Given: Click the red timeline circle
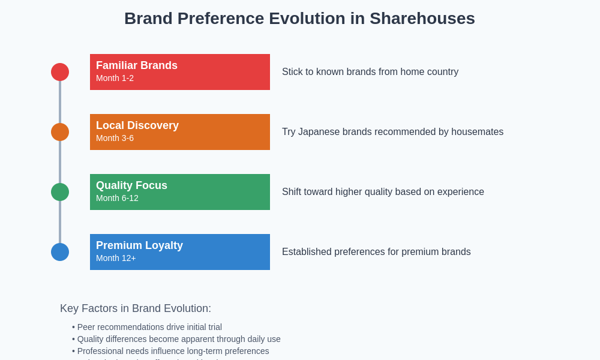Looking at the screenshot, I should pyautogui.click(x=60, y=72).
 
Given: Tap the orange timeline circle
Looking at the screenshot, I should pyautogui.click(x=60, y=132).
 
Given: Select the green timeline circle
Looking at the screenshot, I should pyautogui.click(x=60, y=192).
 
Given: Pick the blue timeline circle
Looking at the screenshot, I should pyautogui.click(x=60, y=252).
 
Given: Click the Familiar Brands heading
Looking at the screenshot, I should pyautogui.click(x=137, y=65).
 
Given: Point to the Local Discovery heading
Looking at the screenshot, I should pyautogui.click(x=137, y=125).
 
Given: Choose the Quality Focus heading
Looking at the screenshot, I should pyautogui.click(x=131, y=185).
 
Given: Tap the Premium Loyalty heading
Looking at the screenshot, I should pyautogui.click(x=139, y=245).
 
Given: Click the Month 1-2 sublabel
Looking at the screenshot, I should pyautogui.click(x=115, y=78).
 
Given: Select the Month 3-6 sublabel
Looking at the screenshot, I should pyautogui.click(x=115, y=138).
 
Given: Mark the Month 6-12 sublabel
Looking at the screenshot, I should pyautogui.click(x=117, y=198).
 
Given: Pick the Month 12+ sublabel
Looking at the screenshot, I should pyautogui.click(x=116, y=258).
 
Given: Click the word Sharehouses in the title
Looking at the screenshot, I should pyautogui.click(x=422, y=19).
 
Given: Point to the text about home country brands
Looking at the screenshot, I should pyautogui.click(x=370, y=72).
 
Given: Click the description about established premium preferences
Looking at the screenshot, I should pyautogui.click(x=376, y=252).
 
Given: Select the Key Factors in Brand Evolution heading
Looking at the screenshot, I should pyautogui.click(x=136, y=308).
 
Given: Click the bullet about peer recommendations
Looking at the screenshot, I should pyautogui.click(x=147, y=327).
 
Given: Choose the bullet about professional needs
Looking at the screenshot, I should pyautogui.click(x=170, y=351).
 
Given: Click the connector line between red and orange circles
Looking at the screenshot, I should pyautogui.click(x=60, y=102).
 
